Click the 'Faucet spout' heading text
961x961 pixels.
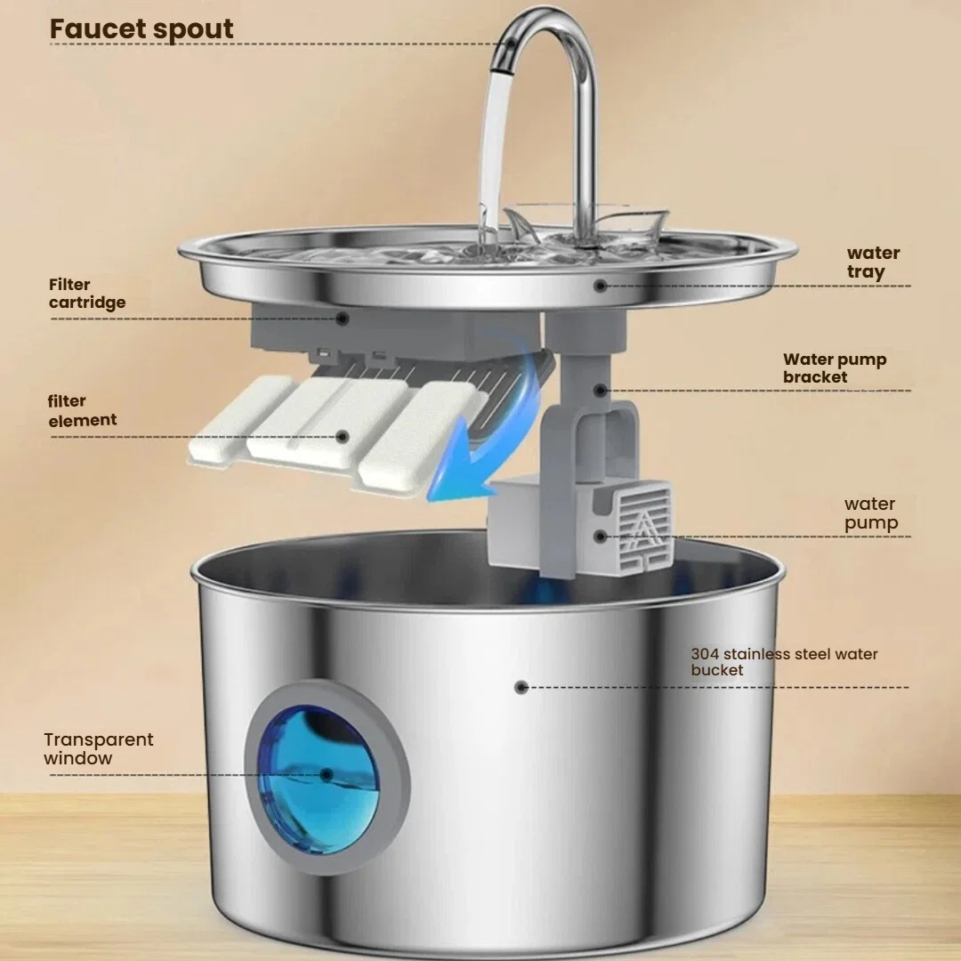tap(141, 28)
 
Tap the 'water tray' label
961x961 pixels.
tap(872, 262)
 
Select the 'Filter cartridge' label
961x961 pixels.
tap(87, 294)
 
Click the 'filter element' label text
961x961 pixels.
tap(82, 410)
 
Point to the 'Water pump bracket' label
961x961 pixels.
tap(834, 368)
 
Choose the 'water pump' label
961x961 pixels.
tap(869, 513)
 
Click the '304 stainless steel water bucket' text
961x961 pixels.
tap(783, 661)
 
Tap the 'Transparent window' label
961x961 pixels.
tap(98, 748)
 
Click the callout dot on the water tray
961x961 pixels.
tap(601, 286)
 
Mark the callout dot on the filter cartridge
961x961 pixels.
tap(342, 317)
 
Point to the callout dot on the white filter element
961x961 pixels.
tap(342, 436)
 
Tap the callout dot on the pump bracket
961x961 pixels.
tap(602, 389)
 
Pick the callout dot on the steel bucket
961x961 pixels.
tap(521, 687)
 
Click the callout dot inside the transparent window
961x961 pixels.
tap(327, 775)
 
